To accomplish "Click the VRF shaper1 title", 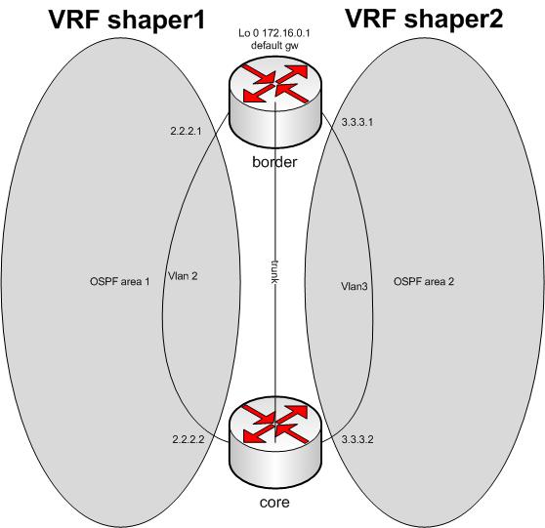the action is click(127, 20).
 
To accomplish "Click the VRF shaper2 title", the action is click(424, 19).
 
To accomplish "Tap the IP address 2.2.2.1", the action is click(186, 131).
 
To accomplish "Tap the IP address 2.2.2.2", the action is click(189, 439).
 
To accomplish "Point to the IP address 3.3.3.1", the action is click(357, 122).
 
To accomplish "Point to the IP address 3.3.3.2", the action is click(357, 439).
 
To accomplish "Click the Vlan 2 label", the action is click(183, 276).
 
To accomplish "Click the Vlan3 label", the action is click(355, 286).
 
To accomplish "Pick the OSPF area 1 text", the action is click(120, 281).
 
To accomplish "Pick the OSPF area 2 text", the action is click(424, 281).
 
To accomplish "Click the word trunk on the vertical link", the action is click(275, 271).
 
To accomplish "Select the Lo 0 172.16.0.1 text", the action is click(274, 33).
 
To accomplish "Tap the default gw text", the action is click(274, 46).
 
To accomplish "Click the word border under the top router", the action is click(274, 162).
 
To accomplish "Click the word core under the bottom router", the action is click(274, 503).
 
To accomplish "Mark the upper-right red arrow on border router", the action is click(292, 73).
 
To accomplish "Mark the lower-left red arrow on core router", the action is click(257, 434).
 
